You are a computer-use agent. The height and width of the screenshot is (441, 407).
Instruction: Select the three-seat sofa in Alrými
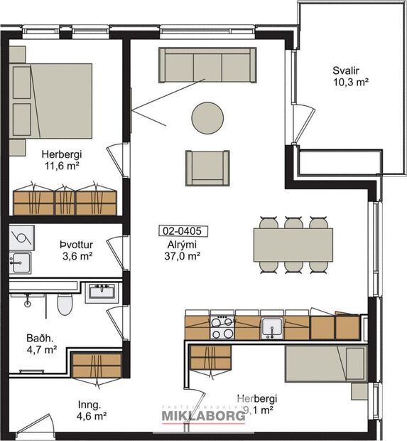pos(207,65)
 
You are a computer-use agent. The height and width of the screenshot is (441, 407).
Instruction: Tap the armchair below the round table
pos(207,167)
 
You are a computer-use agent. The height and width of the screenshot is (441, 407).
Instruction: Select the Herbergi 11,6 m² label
pos(60,159)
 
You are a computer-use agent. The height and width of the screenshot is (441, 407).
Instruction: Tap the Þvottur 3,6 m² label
pos(78,250)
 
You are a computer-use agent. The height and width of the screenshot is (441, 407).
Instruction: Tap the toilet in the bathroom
pos(65,305)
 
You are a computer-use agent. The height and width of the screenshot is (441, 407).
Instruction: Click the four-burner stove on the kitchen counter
pos(222,328)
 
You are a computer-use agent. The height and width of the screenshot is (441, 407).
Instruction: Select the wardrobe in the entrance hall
pos(97,365)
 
